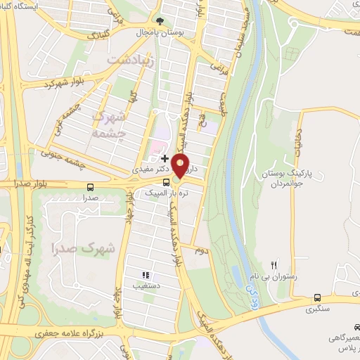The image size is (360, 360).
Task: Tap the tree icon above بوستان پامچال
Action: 160,20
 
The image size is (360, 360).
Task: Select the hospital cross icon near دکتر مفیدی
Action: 165,159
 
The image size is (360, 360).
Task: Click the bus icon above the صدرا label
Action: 90,187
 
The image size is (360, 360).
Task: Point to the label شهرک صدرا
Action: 73,247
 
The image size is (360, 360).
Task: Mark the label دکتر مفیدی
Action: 149,170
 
